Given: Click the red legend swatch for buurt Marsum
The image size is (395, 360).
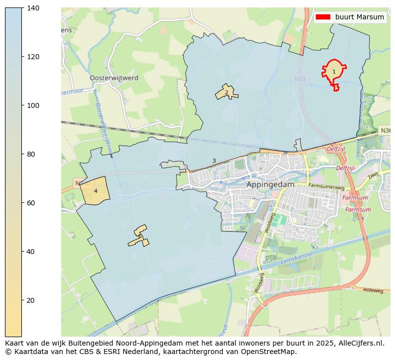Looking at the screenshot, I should [x=322, y=17].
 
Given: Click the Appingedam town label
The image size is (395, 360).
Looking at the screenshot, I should [x=270, y=184].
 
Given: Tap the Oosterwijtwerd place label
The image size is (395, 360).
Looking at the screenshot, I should [x=114, y=78].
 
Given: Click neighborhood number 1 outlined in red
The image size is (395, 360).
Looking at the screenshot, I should [x=334, y=72].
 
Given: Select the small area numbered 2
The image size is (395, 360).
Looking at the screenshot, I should [x=226, y=92].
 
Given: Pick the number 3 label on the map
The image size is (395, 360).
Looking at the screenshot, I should [x=214, y=161].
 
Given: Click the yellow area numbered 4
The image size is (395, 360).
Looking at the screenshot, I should [x=95, y=191].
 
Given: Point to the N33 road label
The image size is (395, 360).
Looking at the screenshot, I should [x=300, y=79].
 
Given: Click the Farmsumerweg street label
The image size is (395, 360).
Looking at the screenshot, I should [x=326, y=186].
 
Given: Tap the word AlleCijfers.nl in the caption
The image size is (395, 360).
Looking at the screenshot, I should [x=363, y=343].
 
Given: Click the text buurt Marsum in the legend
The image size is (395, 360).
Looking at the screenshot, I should [x=359, y=17].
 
